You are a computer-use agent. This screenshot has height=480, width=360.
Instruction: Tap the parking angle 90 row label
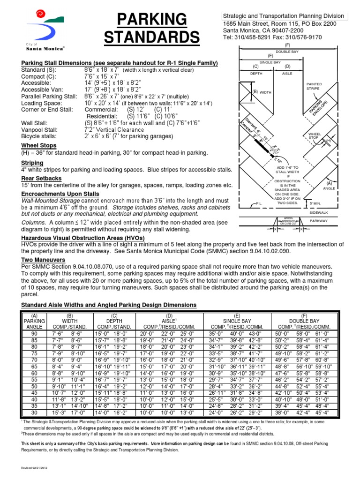[x=33, y=333]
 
